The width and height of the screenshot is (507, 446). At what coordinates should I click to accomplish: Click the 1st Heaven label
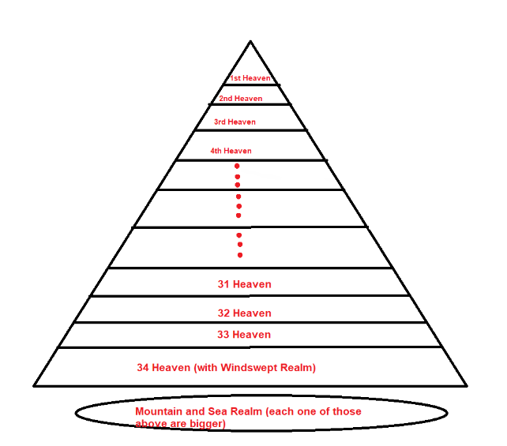tap(250, 78)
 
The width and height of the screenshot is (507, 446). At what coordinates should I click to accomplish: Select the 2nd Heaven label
tap(240, 99)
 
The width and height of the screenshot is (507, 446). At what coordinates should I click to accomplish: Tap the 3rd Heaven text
tap(235, 122)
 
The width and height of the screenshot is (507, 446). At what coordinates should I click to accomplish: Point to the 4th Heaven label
tap(231, 151)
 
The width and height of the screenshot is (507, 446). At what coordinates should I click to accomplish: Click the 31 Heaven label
tap(244, 284)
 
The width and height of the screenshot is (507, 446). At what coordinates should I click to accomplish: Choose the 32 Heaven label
tap(244, 313)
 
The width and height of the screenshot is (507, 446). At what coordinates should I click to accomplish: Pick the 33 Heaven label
tap(244, 335)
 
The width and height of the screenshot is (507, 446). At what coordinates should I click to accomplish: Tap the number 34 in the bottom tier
tap(143, 368)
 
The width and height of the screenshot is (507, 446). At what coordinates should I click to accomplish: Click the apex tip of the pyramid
tap(250, 41)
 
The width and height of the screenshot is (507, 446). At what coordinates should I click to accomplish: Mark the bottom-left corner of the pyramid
tap(35, 385)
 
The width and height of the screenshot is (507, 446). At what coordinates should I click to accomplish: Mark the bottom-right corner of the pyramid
tap(466, 385)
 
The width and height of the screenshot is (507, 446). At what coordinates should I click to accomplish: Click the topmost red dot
tap(237, 166)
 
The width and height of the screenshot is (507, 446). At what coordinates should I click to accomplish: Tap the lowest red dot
tap(239, 255)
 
